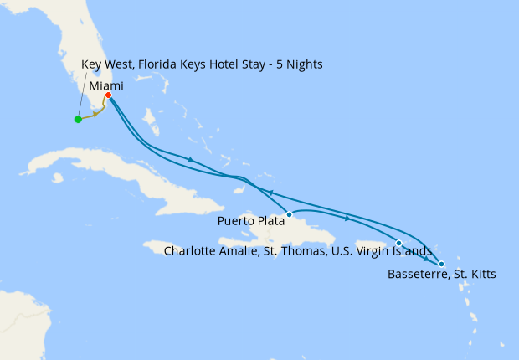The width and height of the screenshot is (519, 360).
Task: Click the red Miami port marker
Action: coord(109,95)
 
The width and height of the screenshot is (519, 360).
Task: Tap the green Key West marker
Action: coord(78,119)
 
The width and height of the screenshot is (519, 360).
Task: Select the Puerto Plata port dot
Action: coord(289,214)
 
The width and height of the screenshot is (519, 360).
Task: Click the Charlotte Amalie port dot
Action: coord(398,243)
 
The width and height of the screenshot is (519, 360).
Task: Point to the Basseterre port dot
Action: coord(441,265)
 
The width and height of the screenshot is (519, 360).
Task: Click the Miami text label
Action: coord(106,85)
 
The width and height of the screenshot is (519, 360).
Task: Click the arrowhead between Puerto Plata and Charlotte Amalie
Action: coord(347,219)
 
